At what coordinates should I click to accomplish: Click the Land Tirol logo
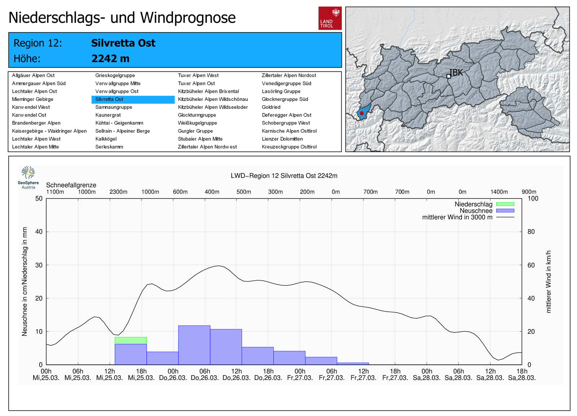pos(330,18)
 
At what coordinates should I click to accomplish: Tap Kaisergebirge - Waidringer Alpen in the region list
pos(49,131)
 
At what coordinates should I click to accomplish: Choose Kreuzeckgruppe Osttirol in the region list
pos(289,147)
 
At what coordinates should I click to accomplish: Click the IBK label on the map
pos(456,73)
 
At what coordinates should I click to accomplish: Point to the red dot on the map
pos(362,113)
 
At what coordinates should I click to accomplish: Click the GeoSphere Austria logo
pos(28,177)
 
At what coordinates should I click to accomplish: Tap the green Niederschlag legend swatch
pos(505,204)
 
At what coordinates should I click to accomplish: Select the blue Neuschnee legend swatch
pos(505,211)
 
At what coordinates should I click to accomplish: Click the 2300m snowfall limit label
pos(118,192)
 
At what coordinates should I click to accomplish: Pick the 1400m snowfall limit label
pos(499,192)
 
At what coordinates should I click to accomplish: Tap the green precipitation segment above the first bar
pos(131,340)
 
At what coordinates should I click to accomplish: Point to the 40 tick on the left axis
pos(39,232)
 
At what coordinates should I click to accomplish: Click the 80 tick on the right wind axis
pos(531,232)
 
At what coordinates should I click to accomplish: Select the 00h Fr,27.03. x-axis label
pos(300,375)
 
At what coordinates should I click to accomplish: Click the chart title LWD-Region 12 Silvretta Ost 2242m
pos(284,176)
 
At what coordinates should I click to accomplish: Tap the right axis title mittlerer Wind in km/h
pos(549,281)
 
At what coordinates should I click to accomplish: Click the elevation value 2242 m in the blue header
pos(110,58)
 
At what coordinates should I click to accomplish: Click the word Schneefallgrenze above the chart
pos(71,185)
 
